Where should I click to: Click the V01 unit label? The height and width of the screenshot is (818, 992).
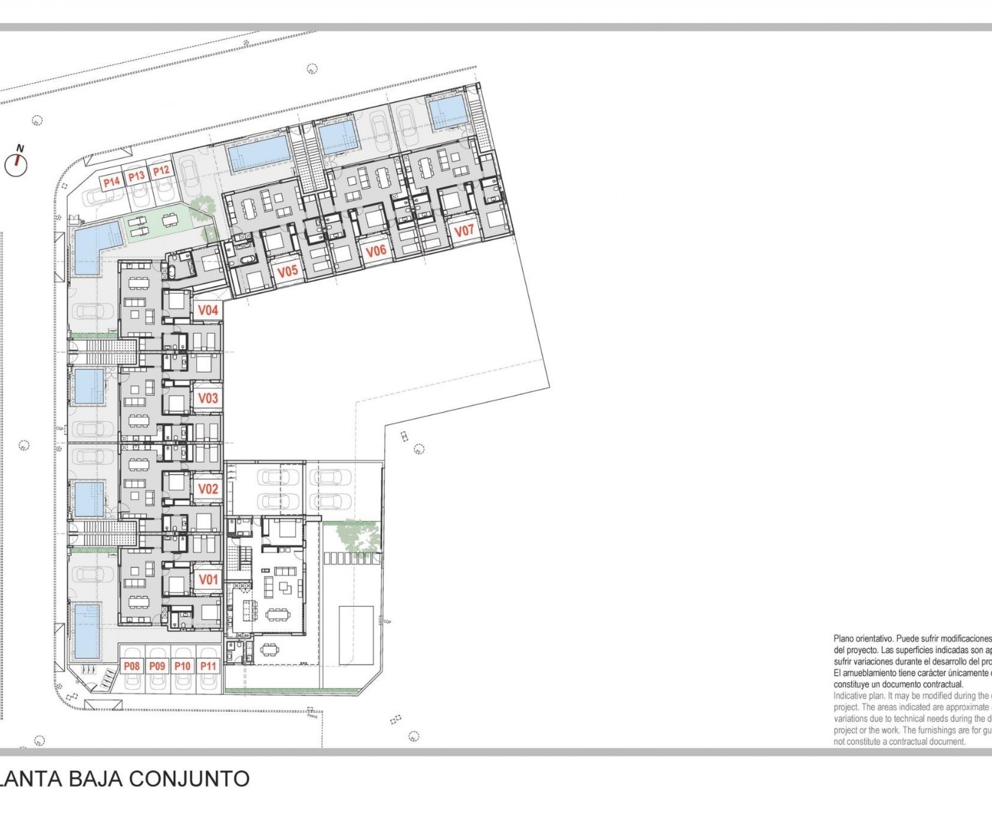coord(208,579)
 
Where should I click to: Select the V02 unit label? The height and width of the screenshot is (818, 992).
coord(208,489)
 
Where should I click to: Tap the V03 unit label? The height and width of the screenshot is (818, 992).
coord(208,398)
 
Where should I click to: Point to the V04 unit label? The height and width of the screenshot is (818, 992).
coord(208,310)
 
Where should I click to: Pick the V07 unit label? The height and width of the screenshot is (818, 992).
coord(464,231)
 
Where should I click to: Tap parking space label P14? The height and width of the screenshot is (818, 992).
coord(112,182)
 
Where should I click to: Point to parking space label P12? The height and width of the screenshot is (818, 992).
coord(161,170)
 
